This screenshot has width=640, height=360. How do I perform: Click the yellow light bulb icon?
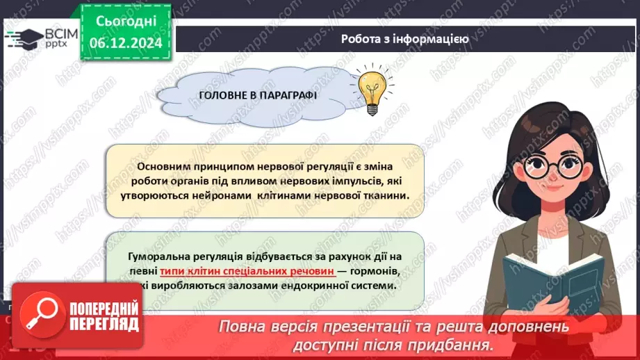click(x=371, y=90)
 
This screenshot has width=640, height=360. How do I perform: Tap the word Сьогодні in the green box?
click(x=126, y=21)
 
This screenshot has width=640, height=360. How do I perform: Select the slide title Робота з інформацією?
click(x=404, y=39)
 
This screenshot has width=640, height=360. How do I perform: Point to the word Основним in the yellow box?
click(x=165, y=167)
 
